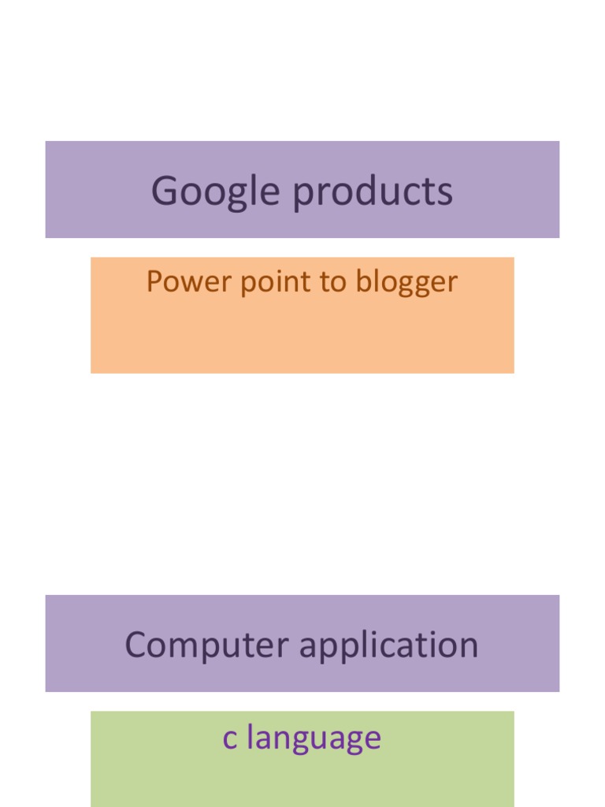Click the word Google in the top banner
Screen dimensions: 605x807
216,192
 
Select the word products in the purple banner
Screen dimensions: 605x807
373,192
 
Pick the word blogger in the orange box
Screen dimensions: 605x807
406,283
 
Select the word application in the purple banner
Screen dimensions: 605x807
389,645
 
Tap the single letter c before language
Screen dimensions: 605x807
229,739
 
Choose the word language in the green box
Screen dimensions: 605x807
314,739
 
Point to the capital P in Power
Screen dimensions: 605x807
155,281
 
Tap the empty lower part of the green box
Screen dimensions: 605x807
302,783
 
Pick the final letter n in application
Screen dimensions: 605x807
468,648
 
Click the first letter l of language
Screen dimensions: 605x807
250,736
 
